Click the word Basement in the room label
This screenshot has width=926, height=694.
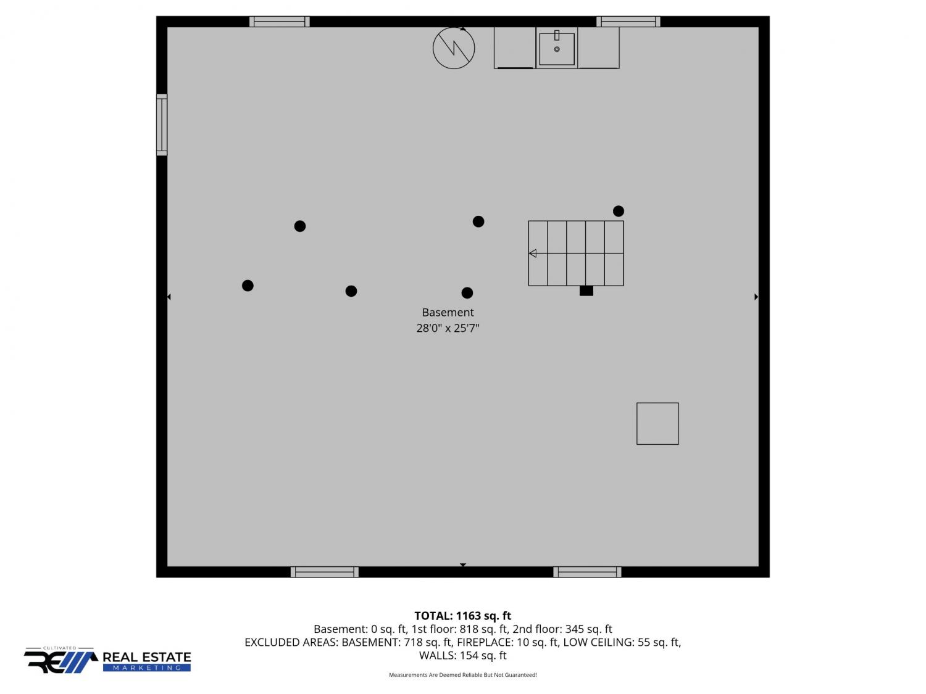[448, 312]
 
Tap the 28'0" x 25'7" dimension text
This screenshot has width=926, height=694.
[448, 328]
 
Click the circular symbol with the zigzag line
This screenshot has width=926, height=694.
[454, 48]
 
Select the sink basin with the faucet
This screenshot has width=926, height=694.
[556, 48]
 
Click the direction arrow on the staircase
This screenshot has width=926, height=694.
[533, 254]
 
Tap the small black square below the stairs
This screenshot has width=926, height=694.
[586, 291]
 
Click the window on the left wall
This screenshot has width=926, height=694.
[162, 125]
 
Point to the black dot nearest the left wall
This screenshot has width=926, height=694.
[248, 286]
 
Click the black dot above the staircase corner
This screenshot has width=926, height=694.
[619, 211]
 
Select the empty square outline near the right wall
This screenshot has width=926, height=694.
[657, 423]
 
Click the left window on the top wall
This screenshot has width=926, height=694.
[279, 22]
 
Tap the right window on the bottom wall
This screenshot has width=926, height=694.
[587, 572]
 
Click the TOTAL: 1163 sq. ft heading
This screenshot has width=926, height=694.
[463, 616]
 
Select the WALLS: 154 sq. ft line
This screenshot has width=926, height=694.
[463, 655]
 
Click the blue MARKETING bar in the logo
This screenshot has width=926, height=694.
[147, 667]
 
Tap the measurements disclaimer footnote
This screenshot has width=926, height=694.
[463, 675]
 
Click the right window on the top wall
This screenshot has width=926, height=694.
[628, 22]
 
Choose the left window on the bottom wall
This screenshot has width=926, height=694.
[325, 572]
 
